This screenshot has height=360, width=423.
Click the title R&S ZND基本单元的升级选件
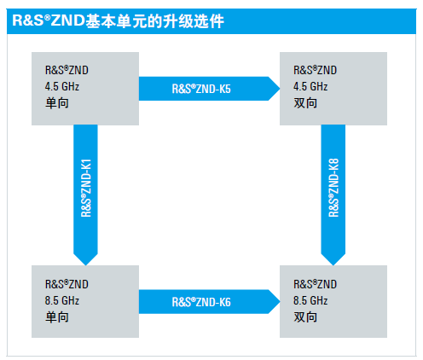[118, 21]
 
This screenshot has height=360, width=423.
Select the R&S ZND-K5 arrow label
[201, 89]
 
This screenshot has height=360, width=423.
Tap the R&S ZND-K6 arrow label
[201, 302]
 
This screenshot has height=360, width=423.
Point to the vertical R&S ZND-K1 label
[86, 188]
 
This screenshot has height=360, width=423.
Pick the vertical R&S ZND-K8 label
[333, 188]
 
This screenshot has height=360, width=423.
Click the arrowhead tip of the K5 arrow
[280, 89]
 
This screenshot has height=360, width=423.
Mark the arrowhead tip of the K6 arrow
[280, 302]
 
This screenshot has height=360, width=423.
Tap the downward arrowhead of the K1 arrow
[85, 265]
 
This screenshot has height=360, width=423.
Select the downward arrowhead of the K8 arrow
[333, 265]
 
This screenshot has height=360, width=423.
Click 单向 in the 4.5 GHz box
[57, 103]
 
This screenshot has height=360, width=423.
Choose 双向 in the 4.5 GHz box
[305, 103]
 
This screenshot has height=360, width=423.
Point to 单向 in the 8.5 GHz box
[57, 317]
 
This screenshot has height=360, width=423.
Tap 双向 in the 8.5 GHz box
[305, 317]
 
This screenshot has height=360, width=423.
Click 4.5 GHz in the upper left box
[62, 86]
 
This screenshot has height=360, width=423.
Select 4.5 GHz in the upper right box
[310, 86]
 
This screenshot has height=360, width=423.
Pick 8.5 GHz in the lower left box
[62, 300]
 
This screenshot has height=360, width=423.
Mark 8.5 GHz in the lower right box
[310, 300]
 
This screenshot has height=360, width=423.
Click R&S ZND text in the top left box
[67, 70]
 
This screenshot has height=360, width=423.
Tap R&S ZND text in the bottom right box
[315, 284]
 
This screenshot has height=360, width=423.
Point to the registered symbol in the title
[47, 18]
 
